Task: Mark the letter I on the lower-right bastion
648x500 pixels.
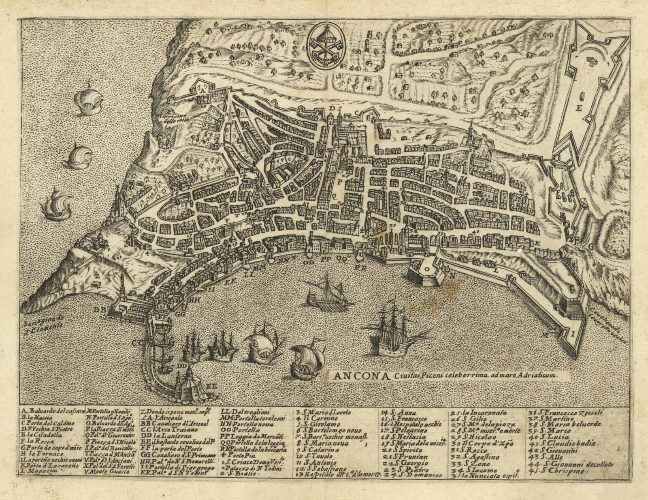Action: [x=573, y=335]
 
